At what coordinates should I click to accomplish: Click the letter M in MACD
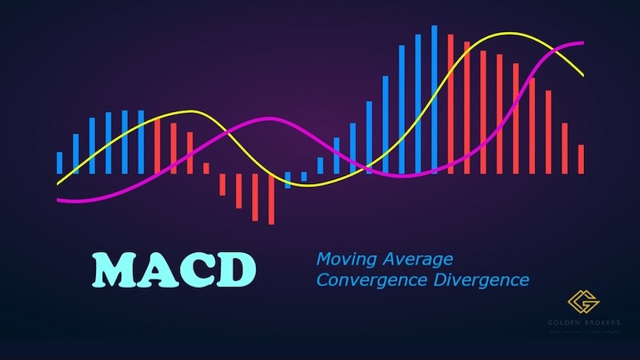pos(114,270)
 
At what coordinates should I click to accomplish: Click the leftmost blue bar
pos(59,162)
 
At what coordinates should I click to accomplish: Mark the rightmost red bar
pos(581,158)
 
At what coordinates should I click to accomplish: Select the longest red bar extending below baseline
pos(271,198)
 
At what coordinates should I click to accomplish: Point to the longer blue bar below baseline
pos(288,180)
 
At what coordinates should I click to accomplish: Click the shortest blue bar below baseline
pos(304,176)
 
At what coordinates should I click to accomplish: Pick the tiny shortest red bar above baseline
pos(206,168)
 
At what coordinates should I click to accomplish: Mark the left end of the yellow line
pos(58,184)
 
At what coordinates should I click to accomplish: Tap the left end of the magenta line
pos(58,201)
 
